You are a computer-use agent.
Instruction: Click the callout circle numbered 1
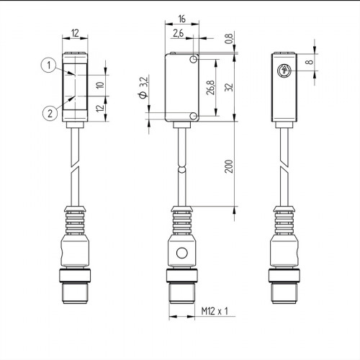tap(47, 66)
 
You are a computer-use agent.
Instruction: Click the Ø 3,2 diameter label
tap(142, 86)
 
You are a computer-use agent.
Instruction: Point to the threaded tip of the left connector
tap(76, 292)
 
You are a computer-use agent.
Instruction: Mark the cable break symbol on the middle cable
tap(182, 169)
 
